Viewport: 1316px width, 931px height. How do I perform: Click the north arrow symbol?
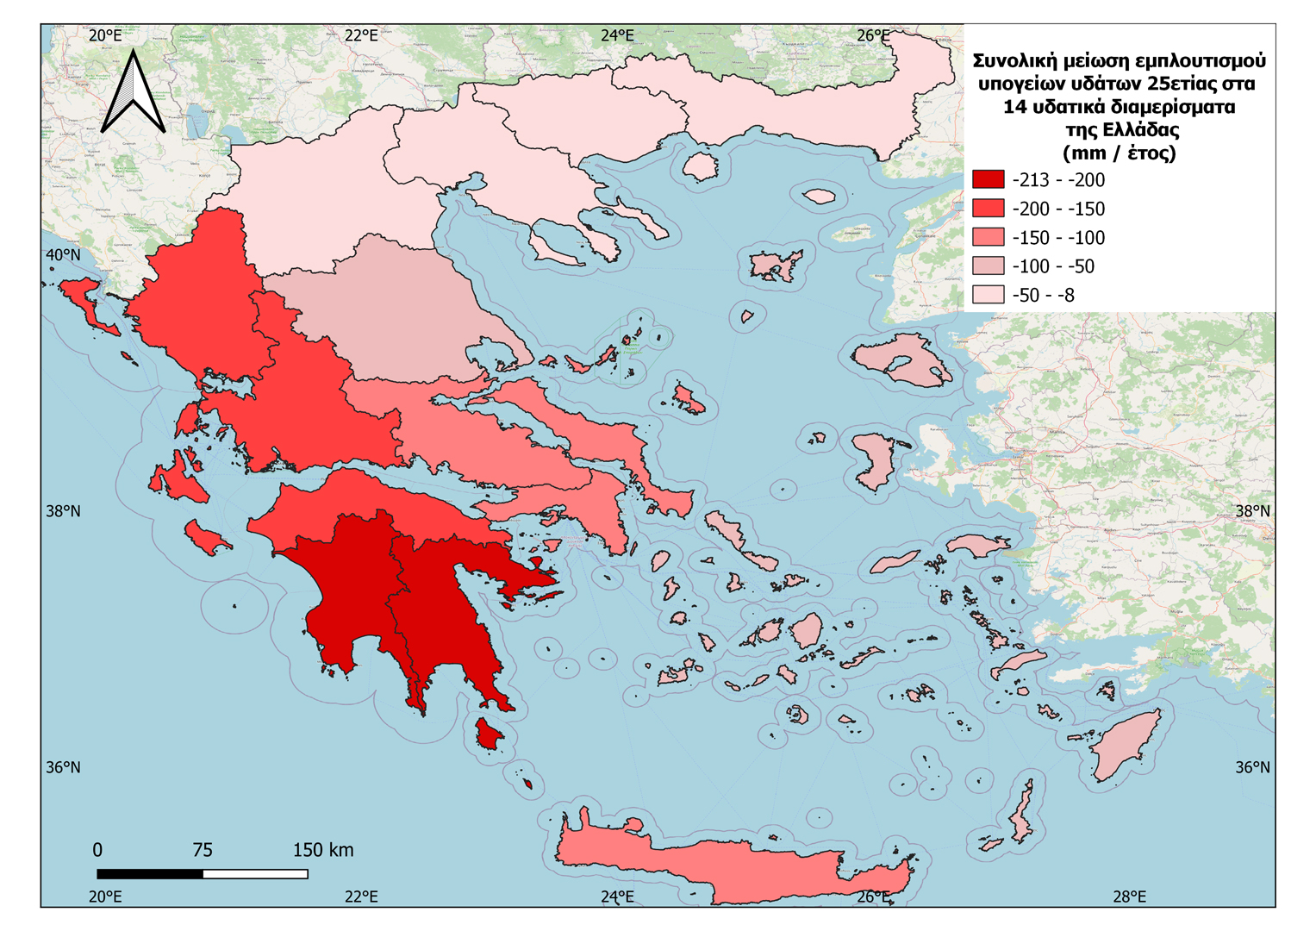tap(134, 93)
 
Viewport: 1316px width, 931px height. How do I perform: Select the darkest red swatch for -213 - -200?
tap(988, 179)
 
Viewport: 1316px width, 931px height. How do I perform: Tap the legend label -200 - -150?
tap(1058, 209)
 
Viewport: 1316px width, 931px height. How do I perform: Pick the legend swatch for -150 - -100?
tap(988, 237)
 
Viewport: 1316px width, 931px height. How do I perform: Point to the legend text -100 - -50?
tap(1053, 266)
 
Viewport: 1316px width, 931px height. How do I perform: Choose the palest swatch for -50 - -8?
tap(988, 295)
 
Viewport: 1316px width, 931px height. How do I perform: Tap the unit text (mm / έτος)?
tap(1119, 153)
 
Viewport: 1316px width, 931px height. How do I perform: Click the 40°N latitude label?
tap(63, 255)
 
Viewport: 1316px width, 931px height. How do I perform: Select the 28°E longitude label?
tap(1129, 897)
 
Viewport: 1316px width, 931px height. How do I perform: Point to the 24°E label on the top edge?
tap(617, 35)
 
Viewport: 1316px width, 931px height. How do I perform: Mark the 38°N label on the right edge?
tap(1252, 511)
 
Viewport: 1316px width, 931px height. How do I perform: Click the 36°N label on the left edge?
tap(63, 767)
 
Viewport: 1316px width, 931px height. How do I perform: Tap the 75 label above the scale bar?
tap(203, 850)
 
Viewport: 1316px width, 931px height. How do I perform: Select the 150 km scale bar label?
tap(322, 850)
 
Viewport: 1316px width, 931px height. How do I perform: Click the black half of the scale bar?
tap(150, 874)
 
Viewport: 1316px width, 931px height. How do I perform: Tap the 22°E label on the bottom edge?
tap(361, 897)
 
